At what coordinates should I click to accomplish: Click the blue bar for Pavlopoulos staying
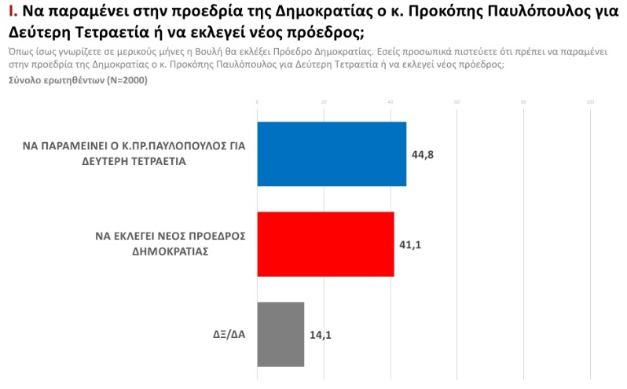[x=332, y=154]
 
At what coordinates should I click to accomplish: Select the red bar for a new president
[x=325, y=244]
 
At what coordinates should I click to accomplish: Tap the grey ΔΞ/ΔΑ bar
[x=280, y=334]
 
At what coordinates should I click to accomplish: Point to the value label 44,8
[x=423, y=154]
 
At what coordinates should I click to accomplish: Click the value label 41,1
[x=410, y=244]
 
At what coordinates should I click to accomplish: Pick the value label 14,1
[x=320, y=334]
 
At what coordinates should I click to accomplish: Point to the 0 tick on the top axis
[x=258, y=102]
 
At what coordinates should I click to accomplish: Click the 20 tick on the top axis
[x=324, y=102]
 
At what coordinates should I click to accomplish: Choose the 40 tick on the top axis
[x=390, y=102]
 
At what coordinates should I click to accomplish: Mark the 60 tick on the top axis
[x=457, y=102]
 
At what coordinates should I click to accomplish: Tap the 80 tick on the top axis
[x=524, y=102]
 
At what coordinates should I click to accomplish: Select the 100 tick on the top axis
[x=590, y=102]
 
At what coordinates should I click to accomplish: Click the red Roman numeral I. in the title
[x=11, y=12]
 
